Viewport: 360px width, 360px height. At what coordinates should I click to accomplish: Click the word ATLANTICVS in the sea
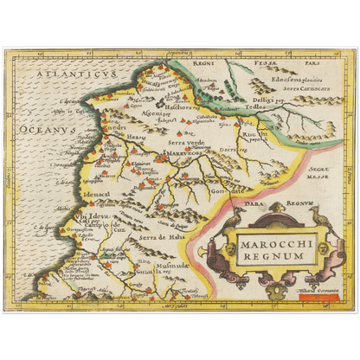tap(59, 76)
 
